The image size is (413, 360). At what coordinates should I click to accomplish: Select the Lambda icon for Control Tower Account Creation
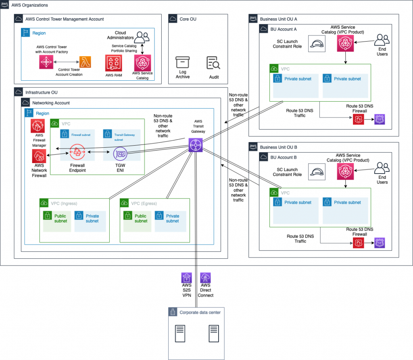(x=85, y=63)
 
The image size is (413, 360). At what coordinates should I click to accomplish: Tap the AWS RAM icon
(x=113, y=63)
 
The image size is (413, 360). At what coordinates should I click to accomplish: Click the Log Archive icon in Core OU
(x=182, y=63)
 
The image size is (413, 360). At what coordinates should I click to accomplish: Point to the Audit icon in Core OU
(x=213, y=63)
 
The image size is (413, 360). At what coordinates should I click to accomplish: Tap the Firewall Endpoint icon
(x=77, y=153)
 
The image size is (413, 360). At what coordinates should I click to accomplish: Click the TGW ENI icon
(x=120, y=153)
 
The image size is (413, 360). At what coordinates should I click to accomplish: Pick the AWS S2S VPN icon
(x=187, y=278)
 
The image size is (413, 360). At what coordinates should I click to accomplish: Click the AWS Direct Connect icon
(x=206, y=278)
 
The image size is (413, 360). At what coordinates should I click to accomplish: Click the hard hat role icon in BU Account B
(x=317, y=172)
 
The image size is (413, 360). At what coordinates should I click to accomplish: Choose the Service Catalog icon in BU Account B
(x=345, y=172)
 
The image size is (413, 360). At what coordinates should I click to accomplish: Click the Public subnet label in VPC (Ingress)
(x=60, y=218)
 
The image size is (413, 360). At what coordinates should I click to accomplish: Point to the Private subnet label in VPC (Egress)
(x=172, y=218)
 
